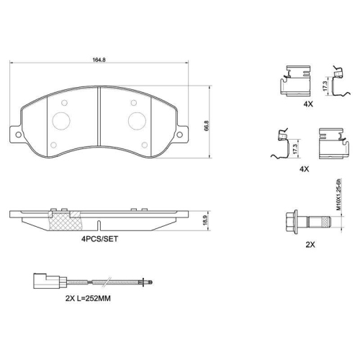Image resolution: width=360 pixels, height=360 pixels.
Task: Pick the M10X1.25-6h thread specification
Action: pos(337,194)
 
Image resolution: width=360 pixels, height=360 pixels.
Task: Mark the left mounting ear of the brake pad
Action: pos(15,134)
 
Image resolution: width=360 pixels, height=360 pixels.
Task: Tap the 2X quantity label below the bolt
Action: pos(310,245)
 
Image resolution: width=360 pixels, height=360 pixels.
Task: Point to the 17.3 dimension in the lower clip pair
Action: pos(296,148)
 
